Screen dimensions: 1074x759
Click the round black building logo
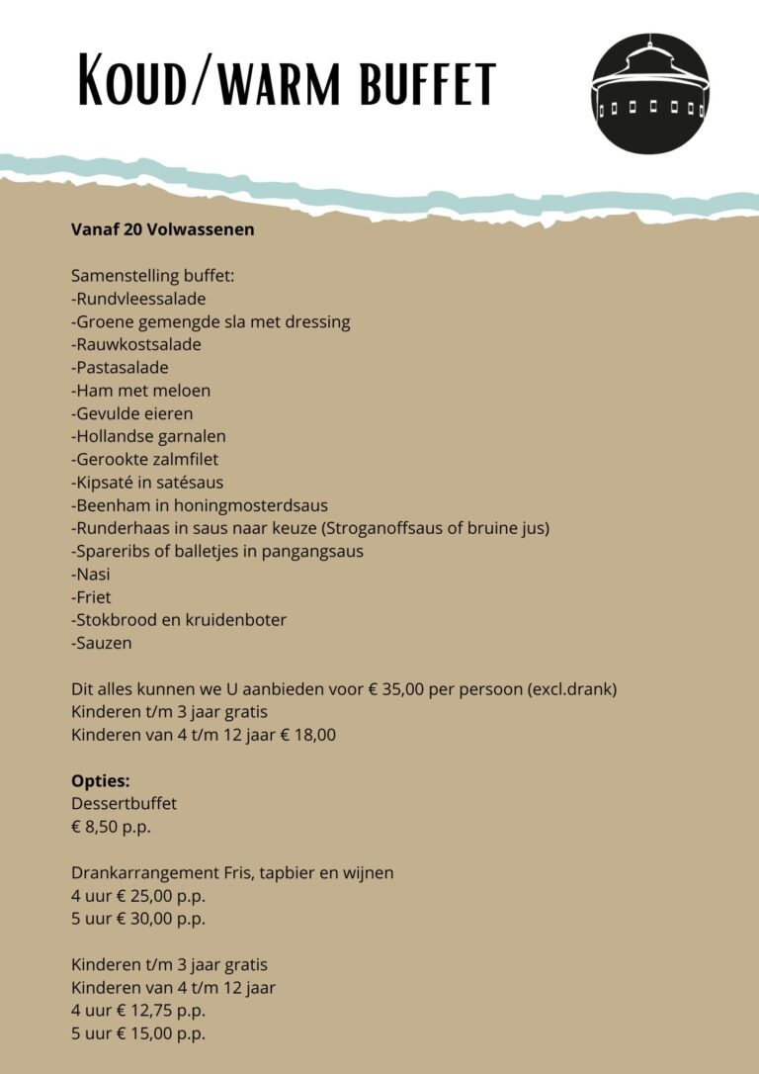click(649, 96)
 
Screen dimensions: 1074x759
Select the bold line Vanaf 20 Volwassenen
click(162, 229)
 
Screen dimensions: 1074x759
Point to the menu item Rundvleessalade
click(138, 298)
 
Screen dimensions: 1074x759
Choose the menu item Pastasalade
click(120, 367)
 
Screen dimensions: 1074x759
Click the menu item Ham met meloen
click(140, 390)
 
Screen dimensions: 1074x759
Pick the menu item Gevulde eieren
click(132, 412)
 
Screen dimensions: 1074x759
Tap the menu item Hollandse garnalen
click(148, 435)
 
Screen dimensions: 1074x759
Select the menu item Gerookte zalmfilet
click(145, 458)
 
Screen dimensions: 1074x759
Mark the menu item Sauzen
click(101, 643)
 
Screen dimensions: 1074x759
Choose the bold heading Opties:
click(100, 781)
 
